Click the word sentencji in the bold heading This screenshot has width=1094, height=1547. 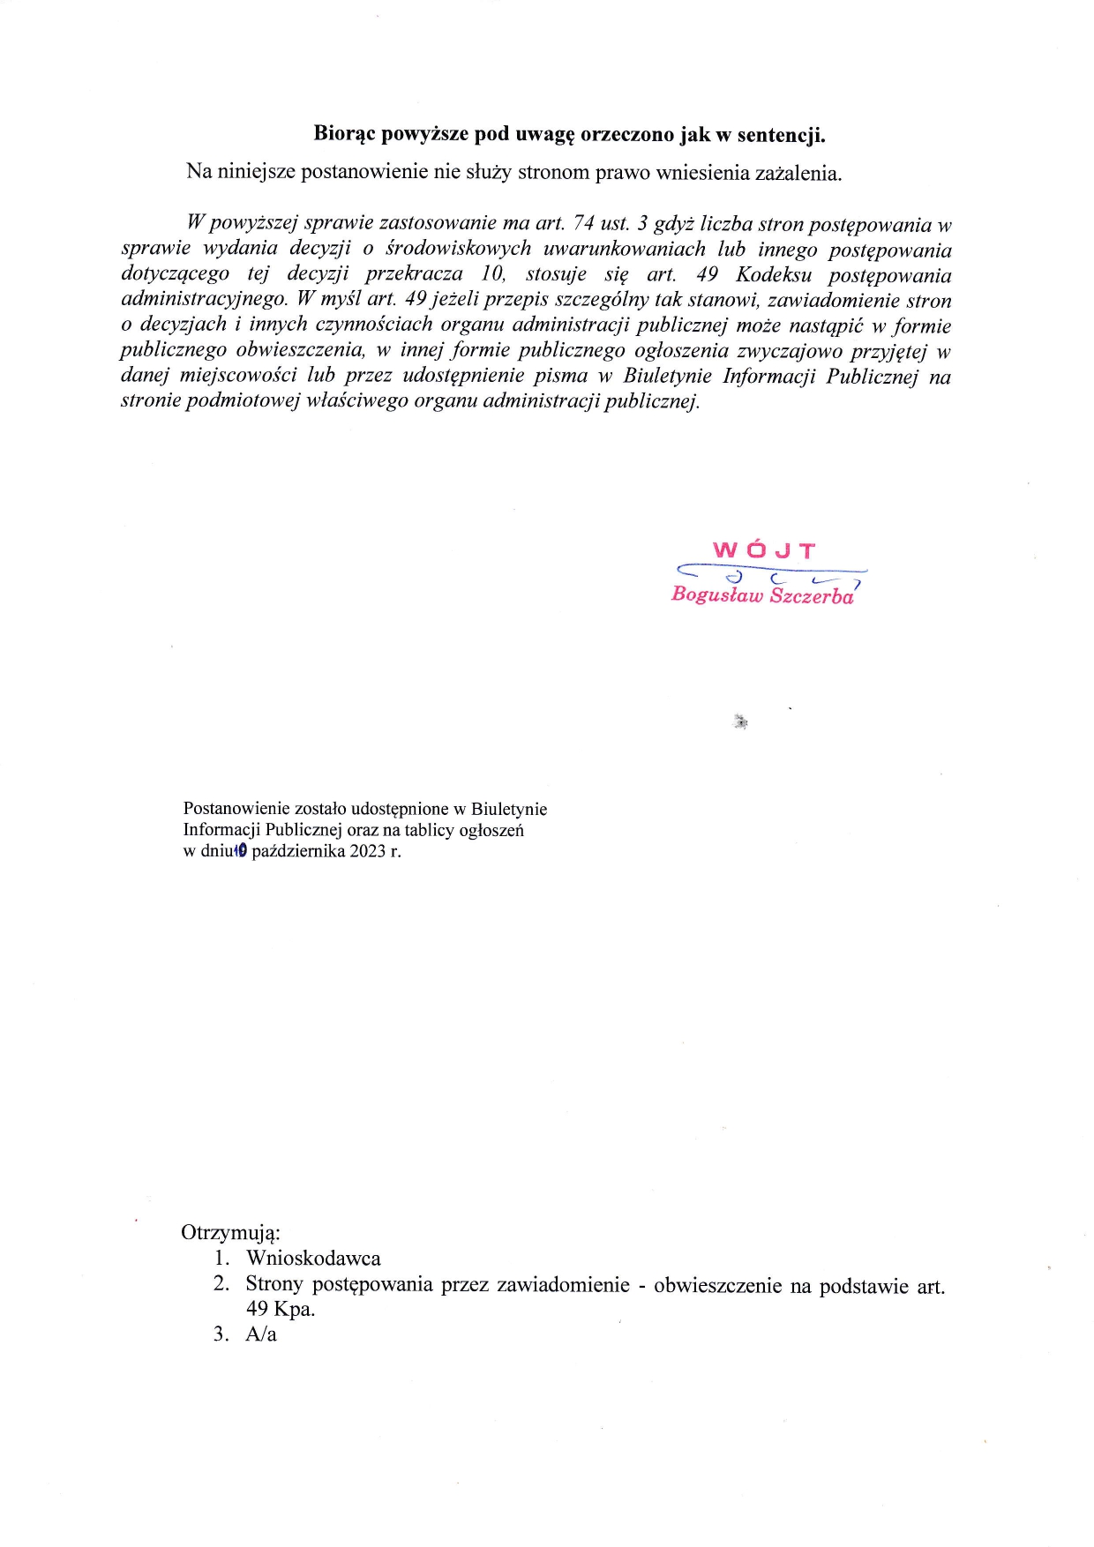pyautogui.click(x=781, y=135)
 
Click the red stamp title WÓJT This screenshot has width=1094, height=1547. pyautogui.click(x=764, y=551)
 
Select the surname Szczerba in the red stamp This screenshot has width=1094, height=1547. pyautogui.click(x=811, y=595)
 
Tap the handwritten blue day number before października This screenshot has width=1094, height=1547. pyautogui.click(x=241, y=851)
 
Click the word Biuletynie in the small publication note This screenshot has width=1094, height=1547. pyautogui.click(x=509, y=809)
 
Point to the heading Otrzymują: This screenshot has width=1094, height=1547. pyautogui.click(x=230, y=1232)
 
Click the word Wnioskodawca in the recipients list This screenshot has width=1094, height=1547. pyautogui.click(x=313, y=1259)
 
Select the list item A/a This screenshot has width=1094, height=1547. pyautogui.click(x=261, y=1334)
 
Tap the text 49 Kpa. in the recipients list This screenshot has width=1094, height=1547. pyautogui.click(x=280, y=1309)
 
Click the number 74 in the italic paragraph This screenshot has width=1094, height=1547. pyautogui.click(x=583, y=225)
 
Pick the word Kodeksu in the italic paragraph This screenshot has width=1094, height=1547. pyautogui.click(x=773, y=275)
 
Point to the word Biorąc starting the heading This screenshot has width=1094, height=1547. pyautogui.click(x=344, y=135)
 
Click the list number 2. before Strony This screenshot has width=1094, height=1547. pyautogui.click(x=221, y=1284)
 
